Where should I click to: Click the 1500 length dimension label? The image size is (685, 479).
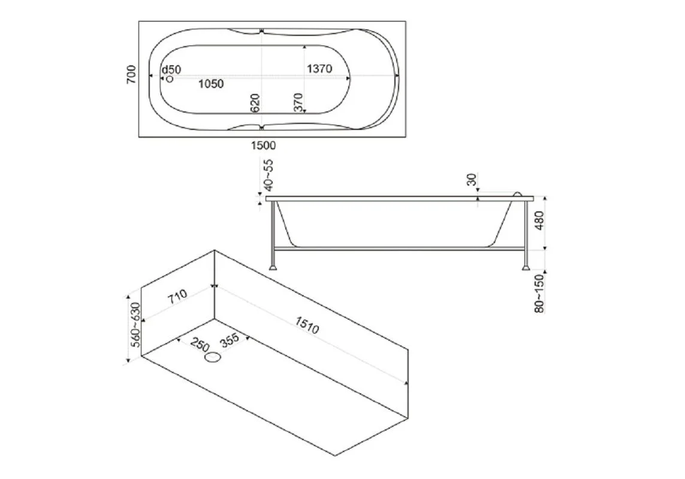pos(264,145)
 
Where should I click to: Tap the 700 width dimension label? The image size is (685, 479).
pos(131,75)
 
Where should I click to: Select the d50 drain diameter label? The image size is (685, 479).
pos(171,70)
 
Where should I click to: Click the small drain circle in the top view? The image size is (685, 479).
pos(170,79)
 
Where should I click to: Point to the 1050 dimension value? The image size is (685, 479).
pos(211,84)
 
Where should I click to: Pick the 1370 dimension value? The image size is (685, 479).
pos(319,68)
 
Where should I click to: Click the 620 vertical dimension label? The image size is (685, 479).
pos(255,103)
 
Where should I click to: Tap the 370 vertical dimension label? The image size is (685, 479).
pos(298,102)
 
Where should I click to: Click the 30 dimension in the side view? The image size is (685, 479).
pos(472,180)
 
